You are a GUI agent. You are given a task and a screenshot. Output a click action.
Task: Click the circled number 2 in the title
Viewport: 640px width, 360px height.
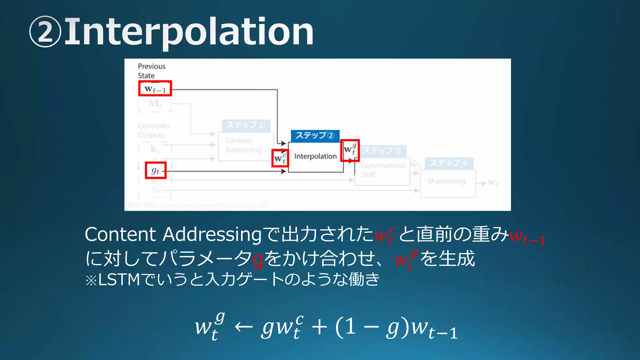(45, 32)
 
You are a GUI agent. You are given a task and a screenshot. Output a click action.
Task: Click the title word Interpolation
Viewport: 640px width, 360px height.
(189, 32)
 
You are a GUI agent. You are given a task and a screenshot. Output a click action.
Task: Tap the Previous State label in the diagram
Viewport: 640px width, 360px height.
(152, 71)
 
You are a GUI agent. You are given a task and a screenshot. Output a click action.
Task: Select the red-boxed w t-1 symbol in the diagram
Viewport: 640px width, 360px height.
(155, 89)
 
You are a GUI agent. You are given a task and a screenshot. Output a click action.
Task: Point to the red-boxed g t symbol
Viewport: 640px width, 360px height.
(156, 170)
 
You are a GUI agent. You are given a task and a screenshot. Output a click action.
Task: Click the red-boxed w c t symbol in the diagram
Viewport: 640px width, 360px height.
(280, 158)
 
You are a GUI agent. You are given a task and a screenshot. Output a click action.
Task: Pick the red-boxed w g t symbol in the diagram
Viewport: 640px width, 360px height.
(350, 150)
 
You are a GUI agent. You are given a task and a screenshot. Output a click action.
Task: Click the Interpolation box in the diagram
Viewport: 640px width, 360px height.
(315, 157)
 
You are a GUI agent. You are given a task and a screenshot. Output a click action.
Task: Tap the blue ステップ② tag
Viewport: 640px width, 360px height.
(315, 136)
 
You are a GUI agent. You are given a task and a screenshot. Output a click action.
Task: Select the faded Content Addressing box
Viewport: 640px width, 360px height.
(243, 146)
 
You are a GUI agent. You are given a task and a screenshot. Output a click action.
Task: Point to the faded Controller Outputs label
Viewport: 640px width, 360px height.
(154, 131)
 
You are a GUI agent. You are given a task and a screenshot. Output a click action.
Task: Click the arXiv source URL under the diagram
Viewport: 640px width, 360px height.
(216, 205)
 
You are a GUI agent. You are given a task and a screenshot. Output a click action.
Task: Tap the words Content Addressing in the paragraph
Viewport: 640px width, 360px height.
(173, 234)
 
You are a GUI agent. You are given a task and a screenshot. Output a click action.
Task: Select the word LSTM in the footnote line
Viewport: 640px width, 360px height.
(119, 279)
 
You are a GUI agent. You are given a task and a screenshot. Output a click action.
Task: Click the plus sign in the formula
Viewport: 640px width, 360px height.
(319, 327)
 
